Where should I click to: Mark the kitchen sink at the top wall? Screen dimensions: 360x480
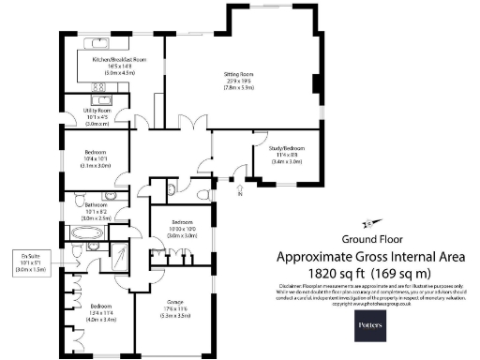[97, 41]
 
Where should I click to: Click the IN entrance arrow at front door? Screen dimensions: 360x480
[239, 193]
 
